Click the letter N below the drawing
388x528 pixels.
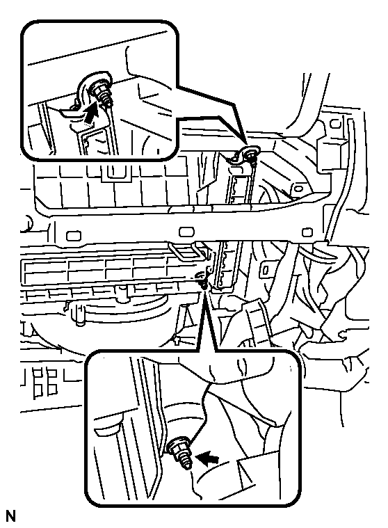pos(10,516)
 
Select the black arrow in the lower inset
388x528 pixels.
pos(208,458)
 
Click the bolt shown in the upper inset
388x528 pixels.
pos(102,95)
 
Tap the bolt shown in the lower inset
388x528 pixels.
pos(181,452)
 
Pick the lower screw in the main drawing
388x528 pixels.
pos(203,280)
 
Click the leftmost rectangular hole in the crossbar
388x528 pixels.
pos(74,235)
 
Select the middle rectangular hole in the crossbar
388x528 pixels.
pos(186,232)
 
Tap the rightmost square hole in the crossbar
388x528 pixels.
pos(307,232)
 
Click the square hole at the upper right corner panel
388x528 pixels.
pos(335,124)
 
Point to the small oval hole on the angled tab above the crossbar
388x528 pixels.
pos(297,189)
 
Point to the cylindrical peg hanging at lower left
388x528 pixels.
pos(80,317)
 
